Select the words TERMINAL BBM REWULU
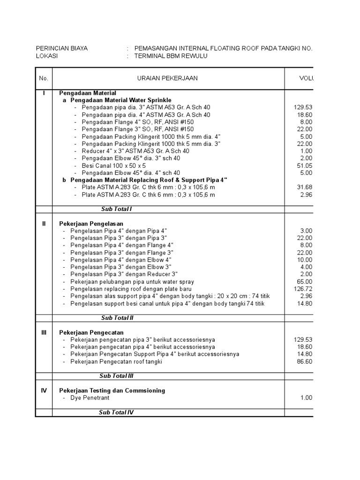[170, 56]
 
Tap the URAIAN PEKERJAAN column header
[167, 78]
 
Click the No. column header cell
[44, 78]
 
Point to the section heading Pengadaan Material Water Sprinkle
[121, 100]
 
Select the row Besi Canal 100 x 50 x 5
[113, 165]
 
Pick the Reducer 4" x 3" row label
[135, 151]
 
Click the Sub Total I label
[117, 209]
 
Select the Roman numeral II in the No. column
[44, 224]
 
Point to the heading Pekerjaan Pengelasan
[91, 224]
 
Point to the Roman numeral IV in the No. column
[44, 390]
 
